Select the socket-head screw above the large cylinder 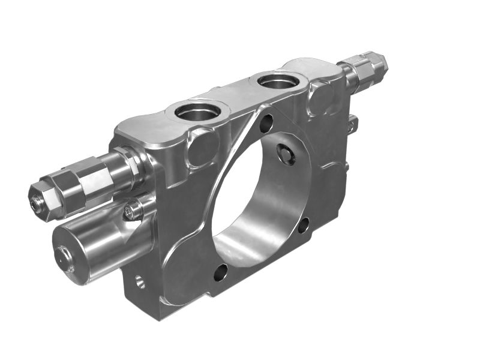[133, 211]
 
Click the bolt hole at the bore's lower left [220, 272]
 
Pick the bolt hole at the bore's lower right [304, 225]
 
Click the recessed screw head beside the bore [287, 154]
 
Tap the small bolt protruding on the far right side [353, 124]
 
